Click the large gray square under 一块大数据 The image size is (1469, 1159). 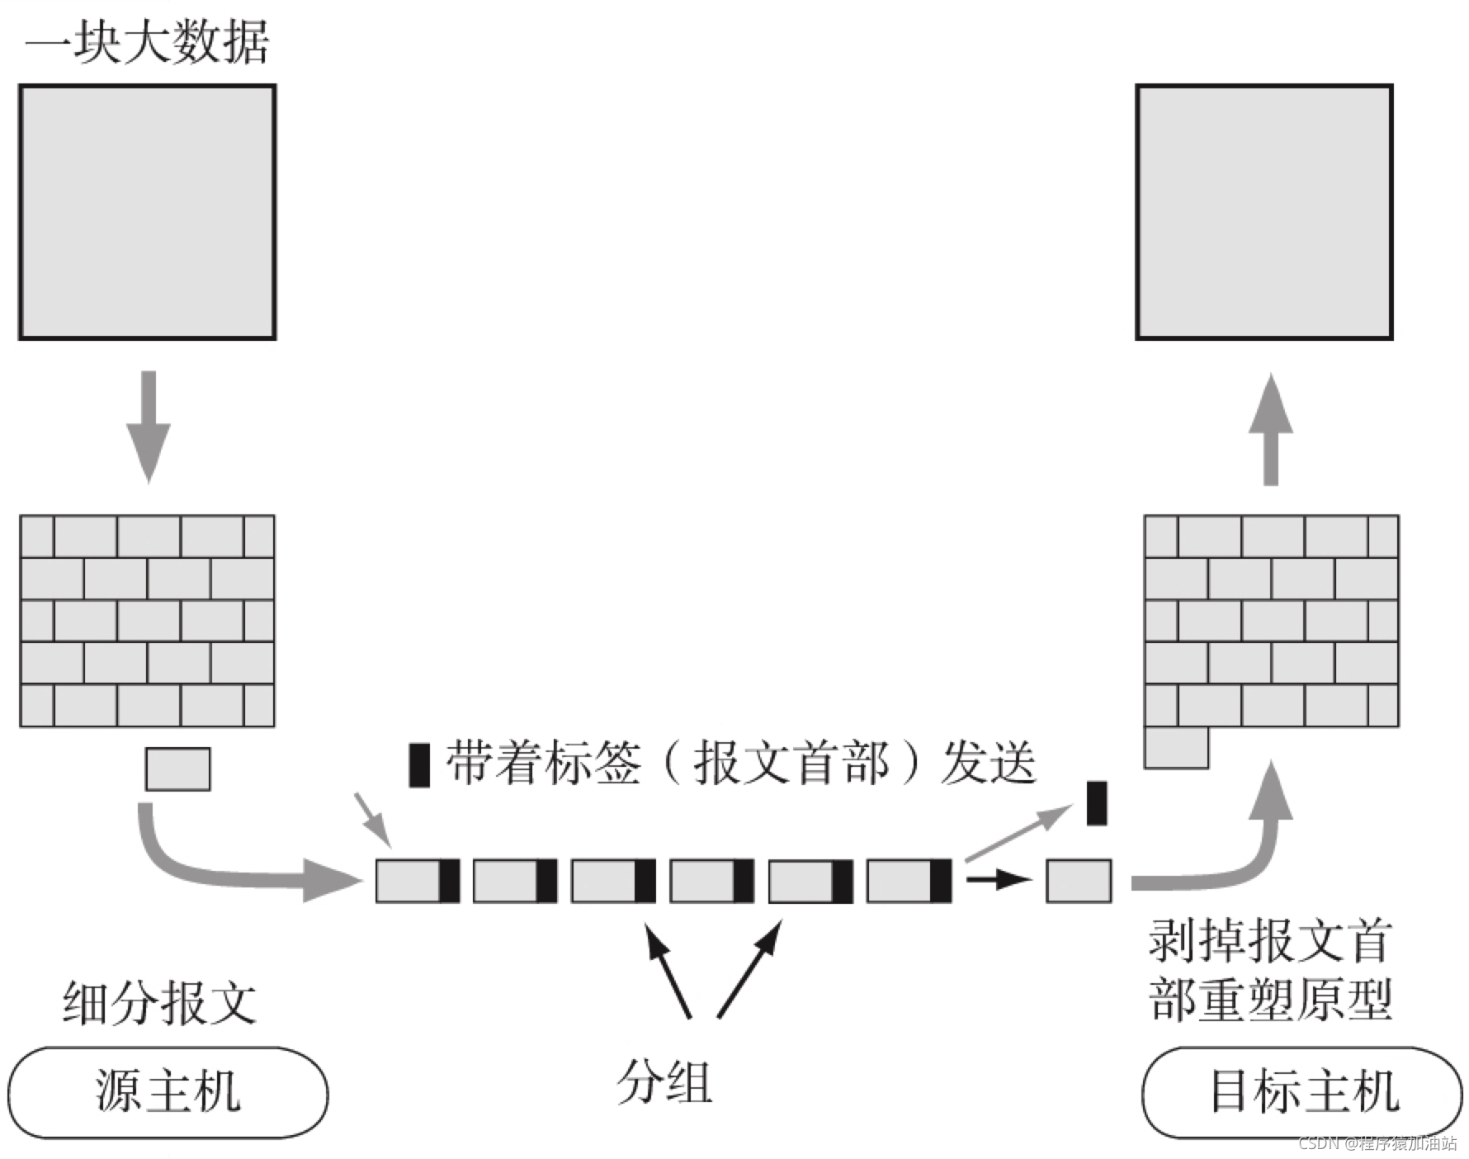148,212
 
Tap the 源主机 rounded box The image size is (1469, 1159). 168,1091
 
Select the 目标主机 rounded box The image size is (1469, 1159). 1302,1091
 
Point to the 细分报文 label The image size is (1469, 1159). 159,1002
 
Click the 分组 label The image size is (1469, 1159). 664,1081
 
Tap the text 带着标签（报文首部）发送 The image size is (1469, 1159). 740,763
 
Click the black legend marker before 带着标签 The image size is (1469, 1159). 419,764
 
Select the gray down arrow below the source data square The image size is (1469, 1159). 149,426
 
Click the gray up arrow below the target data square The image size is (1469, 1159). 1271,429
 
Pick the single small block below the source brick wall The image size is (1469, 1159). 178,769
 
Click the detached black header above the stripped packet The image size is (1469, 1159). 1097,803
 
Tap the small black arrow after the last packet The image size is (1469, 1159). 998,879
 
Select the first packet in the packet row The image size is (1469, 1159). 418,881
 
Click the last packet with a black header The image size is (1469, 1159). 909,881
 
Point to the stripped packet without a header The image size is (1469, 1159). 1079,881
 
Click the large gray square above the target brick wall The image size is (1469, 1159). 1264,212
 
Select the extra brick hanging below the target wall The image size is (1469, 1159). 1176,748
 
